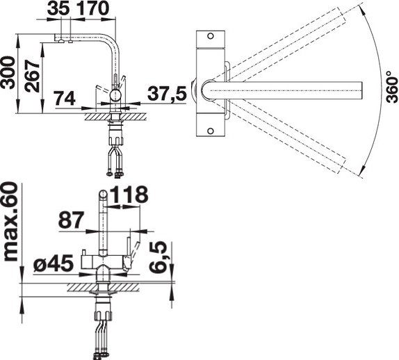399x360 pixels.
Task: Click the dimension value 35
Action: point(58,8)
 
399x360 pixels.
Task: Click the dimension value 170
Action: point(92,8)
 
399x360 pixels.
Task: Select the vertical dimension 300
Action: point(8,72)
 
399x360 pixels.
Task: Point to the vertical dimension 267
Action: point(32,76)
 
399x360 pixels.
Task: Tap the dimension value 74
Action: point(65,98)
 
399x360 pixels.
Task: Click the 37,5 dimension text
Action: point(167,94)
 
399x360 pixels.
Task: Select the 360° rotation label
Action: point(391,87)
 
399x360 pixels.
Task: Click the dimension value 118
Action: point(129,195)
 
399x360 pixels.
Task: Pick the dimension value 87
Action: point(71,220)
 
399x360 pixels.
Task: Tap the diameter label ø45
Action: point(54,263)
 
